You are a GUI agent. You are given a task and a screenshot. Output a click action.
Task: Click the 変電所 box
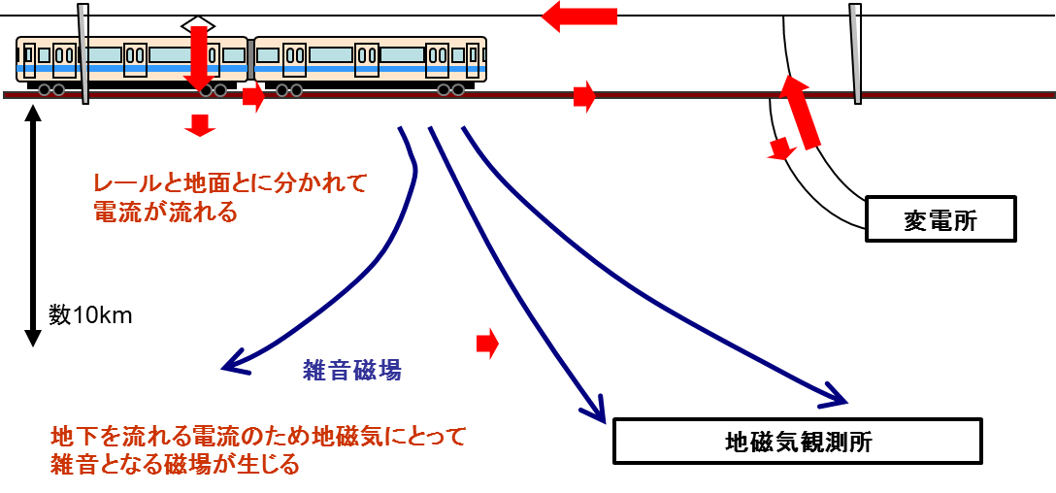940,219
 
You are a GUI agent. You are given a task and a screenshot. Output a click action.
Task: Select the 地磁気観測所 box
798,442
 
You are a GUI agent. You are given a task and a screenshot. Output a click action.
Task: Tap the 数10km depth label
90,315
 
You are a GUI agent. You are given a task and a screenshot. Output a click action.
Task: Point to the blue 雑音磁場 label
352,370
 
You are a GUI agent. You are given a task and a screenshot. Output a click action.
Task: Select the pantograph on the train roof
198,23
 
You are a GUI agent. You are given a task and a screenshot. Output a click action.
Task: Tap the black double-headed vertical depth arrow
33,225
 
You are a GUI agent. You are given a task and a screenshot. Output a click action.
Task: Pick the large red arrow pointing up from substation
801,114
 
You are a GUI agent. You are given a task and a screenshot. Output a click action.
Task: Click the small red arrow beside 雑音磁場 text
487,343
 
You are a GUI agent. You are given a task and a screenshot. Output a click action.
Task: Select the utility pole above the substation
855,53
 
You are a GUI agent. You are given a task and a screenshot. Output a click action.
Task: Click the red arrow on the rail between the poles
583,96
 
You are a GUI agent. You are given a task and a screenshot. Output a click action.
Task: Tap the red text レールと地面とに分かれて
231,182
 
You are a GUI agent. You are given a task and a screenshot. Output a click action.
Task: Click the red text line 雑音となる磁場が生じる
175,464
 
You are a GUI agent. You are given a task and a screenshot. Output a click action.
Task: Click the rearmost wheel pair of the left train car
51,90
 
